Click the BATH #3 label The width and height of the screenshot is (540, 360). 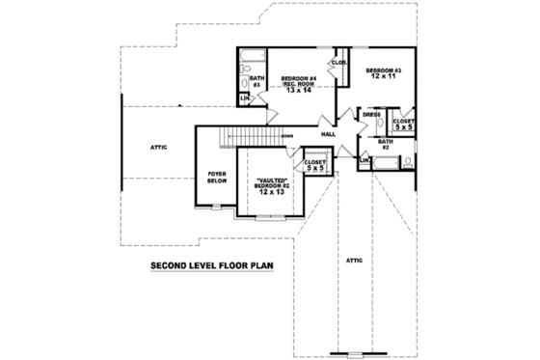(x=257, y=83)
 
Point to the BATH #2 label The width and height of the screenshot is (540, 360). (x=384, y=145)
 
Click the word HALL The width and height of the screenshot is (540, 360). (x=328, y=133)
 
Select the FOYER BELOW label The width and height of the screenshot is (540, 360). (x=217, y=177)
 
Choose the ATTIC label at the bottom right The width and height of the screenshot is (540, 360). (x=353, y=259)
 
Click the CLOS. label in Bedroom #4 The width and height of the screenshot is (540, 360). (x=338, y=63)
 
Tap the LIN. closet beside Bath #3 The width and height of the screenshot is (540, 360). (x=245, y=97)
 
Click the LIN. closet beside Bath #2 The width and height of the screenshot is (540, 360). (x=364, y=159)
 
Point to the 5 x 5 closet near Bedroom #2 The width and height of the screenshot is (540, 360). (x=315, y=164)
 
